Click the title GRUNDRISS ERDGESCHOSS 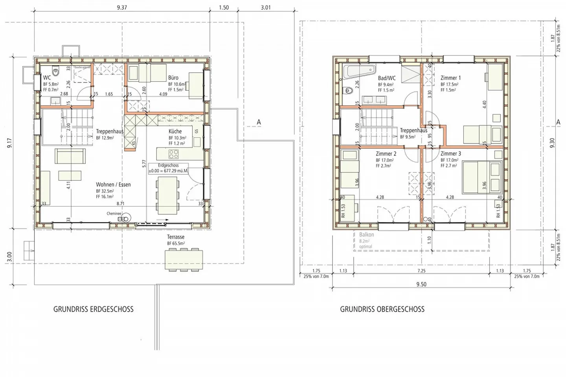93,309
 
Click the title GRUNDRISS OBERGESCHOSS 382,309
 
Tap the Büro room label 173,78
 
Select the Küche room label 175,132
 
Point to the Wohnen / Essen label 113,185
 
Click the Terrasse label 176,237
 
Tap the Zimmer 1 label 450,78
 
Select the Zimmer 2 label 386,154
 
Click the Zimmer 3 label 450,154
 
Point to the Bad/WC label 387,78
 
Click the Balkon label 366,235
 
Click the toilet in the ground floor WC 57,73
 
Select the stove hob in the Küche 173,154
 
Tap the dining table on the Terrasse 184,260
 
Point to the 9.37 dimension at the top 122,7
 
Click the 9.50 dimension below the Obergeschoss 421,284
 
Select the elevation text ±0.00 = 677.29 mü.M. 168,171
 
